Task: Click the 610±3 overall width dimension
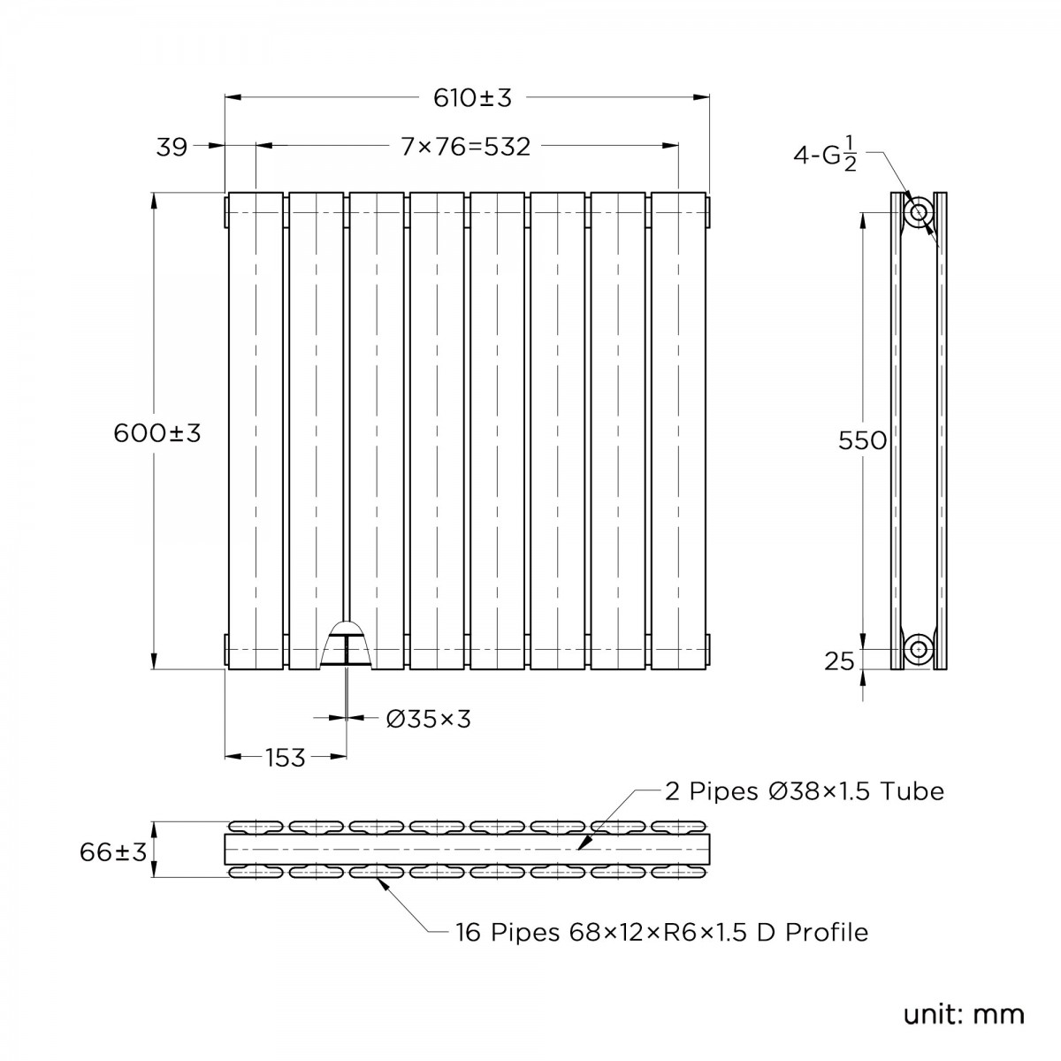tap(472, 98)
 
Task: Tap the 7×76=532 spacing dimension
tap(466, 147)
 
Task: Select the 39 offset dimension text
tap(172, 147)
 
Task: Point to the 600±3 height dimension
tap(157, 433)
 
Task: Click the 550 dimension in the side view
tap(862, 439)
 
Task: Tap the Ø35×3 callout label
tap(429, 720)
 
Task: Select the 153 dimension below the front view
tap(285, 757)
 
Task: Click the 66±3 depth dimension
tap(112, 852)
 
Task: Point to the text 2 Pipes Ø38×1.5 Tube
tap(804, 790)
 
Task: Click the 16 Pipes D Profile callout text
tap(661, 932)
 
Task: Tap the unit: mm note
tap(963, 1013)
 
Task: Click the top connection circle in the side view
tap(919, 212)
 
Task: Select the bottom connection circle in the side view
tap(919, 649)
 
